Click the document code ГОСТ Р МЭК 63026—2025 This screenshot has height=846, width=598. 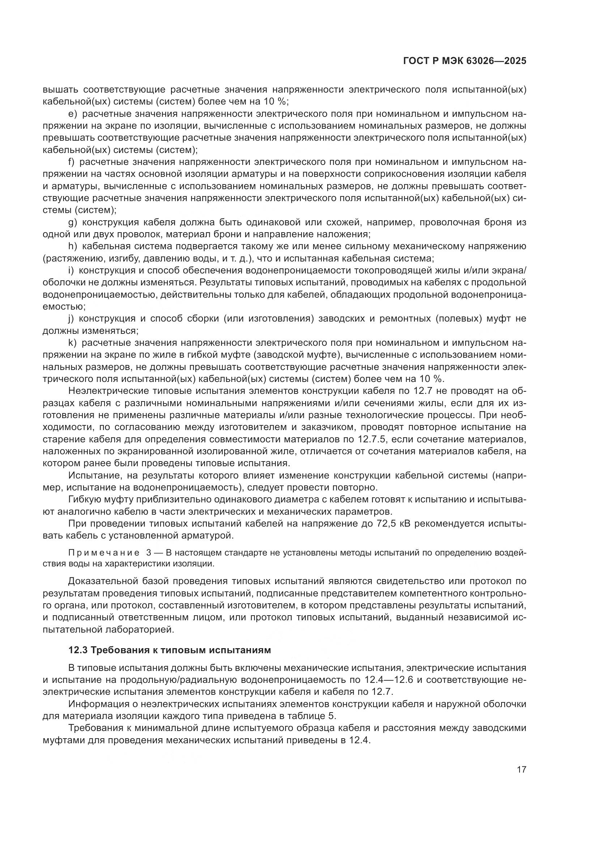coord(465,61)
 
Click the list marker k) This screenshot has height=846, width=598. coord(72,343)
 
